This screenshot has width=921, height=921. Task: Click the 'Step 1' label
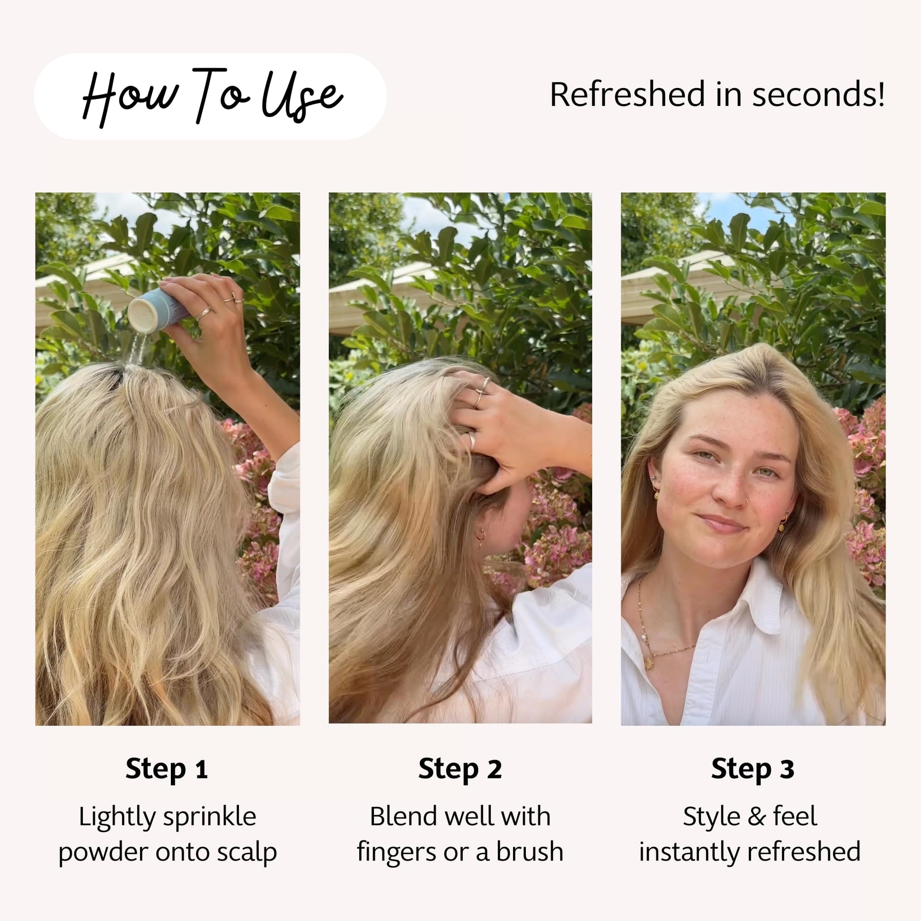pos(167,770)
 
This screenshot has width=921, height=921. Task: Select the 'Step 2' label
pos(460,770)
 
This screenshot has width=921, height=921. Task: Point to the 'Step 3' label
pos(753,770)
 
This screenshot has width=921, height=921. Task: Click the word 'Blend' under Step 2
pos(399,816)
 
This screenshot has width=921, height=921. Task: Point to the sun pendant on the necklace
pos(649,663)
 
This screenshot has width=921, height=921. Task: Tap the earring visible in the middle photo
pos(481,537)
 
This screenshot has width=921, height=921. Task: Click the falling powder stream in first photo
pos(137,348)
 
